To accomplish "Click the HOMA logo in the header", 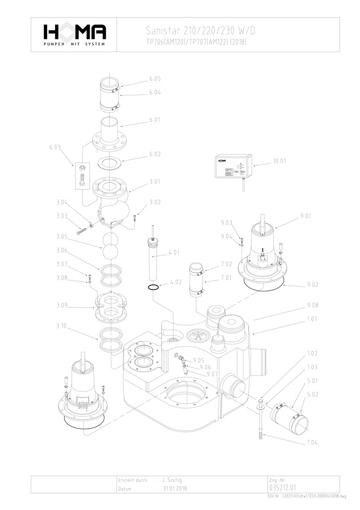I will tap(75, 34).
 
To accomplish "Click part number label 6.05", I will tap(155, 78).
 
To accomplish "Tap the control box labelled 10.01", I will tap(234, 166).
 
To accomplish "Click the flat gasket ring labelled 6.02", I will tap(110, 163).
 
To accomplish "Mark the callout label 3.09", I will tap(62, 306).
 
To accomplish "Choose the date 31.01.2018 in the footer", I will tap(175, 489).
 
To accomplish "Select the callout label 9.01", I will tap(306, 216).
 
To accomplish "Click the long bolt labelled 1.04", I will tap(260, 420).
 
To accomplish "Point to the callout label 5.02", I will tap(313, 394).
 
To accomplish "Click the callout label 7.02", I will tap(226, 263).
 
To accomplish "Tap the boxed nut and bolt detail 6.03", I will tap(81, 176).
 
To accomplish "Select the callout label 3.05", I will tap(62, 237).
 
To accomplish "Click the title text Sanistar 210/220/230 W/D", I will tap(201, 31).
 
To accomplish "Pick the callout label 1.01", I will tap(313, 320).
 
